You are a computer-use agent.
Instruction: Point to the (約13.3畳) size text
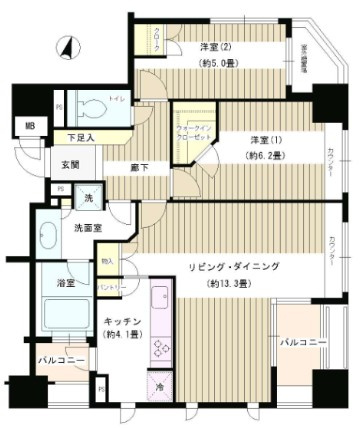pos(234,283)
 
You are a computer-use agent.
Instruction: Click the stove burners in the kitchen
pos(161,345)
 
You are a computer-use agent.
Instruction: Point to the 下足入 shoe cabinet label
pos(83,138)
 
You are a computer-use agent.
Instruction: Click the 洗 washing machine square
pos(91,198)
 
